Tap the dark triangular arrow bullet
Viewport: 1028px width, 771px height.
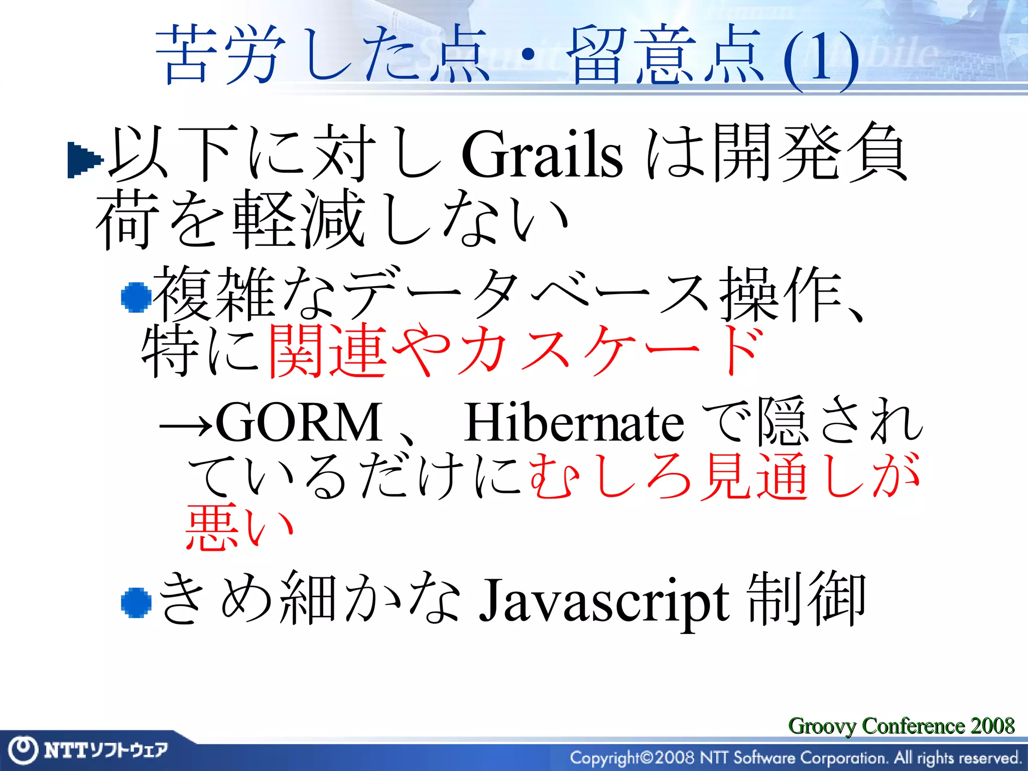tap(84, 160)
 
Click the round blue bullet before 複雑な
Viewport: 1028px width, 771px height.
tap(136, 297)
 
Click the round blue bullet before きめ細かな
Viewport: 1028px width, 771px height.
tap(136, 602)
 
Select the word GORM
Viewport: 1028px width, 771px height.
tap(299, 423)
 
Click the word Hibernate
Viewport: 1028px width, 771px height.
tap(573, 423)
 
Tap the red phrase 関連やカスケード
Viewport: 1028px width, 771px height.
tap(515, 350)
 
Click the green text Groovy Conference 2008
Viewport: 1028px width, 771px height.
tap(901, 726)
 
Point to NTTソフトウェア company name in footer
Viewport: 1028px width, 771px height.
tap(105, 750)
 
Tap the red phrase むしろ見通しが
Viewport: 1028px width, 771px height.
tap(723, 476)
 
